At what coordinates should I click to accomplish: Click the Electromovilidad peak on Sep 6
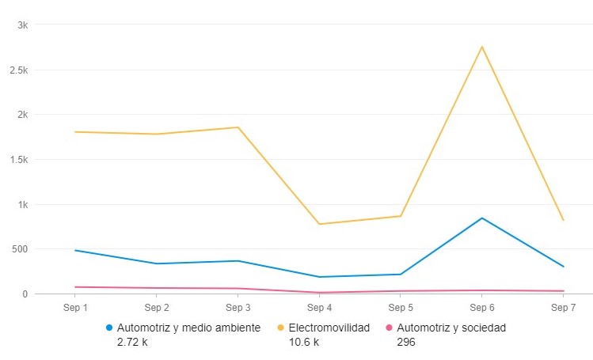pyautogui.click(x=481, y=47)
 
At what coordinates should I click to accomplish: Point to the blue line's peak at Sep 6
pyautogui.click(x=481, y=218)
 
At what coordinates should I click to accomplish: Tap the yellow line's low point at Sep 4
pyautogui.click(x=319, y=224)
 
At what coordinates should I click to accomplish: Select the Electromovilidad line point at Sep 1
pyautogui.click(x=75, y=132)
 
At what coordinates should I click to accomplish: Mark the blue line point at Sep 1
pyautogui.click(x=75, y=250)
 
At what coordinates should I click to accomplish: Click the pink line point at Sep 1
pyautogui.click(x=75, y=287)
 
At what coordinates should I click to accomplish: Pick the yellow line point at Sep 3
pyautogui.click(x=238, y=127)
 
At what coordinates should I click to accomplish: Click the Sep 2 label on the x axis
pyautogui.click(x=156, y=307)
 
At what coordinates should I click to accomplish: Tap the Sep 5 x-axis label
pyautogui.click(x=400, y=307)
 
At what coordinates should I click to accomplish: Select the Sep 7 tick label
pyautogui.click(x=562, y=307)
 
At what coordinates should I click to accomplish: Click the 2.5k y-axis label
pyautogui.click(x=19, y=70)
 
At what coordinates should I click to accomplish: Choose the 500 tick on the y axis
pyautogui.click(x=20, y=249)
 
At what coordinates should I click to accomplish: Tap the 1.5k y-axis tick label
pyautogui.click(x=19, y=159)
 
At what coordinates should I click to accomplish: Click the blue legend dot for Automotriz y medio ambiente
pyautogui.click(x=109, y=328)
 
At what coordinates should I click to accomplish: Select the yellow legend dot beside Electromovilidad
pyautogui.click(x=280, y=328)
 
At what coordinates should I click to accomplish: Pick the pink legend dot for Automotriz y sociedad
pyautogui.click(x=388, y=328)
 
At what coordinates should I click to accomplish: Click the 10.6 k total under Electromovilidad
pyautogui.click(x=303, y=342)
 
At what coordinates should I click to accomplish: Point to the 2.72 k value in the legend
pyautogui.click(x=131, y=342)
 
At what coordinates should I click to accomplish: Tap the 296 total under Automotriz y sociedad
pyautogui.click(x=405, y=342)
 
